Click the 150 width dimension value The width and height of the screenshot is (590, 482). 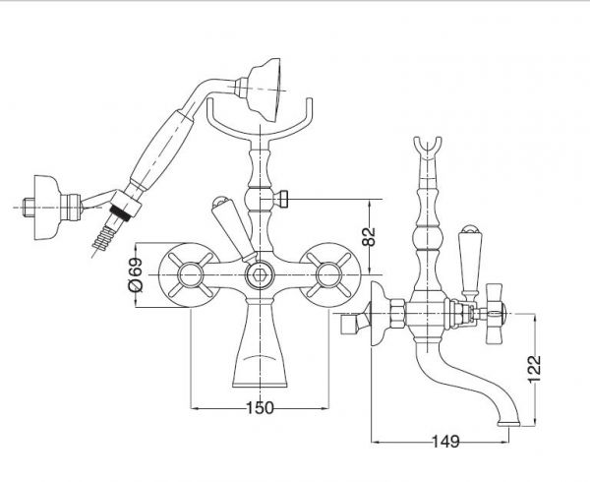[260, 407]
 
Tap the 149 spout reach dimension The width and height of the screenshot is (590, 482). [445, 442]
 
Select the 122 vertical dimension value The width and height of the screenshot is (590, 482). [534, 369]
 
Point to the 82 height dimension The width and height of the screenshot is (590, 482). [369, 236]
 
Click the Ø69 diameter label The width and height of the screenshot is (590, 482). [136, 274]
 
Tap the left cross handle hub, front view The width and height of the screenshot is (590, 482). [190, 275]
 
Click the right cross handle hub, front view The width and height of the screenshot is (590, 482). [329, 275]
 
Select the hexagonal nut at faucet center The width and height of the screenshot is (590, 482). [260, 275]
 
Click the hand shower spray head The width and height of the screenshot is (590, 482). [265, 90]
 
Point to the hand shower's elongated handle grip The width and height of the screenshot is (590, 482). [161, 151]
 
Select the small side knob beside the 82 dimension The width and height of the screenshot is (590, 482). [281, 199]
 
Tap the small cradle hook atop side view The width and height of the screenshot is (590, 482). [428, 150]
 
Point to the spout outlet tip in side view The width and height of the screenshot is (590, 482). [508, 424]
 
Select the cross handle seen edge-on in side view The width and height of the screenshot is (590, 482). [494, 314]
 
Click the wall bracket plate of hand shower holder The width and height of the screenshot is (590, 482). [47, 208]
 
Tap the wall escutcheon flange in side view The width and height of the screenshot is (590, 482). [379, 314]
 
